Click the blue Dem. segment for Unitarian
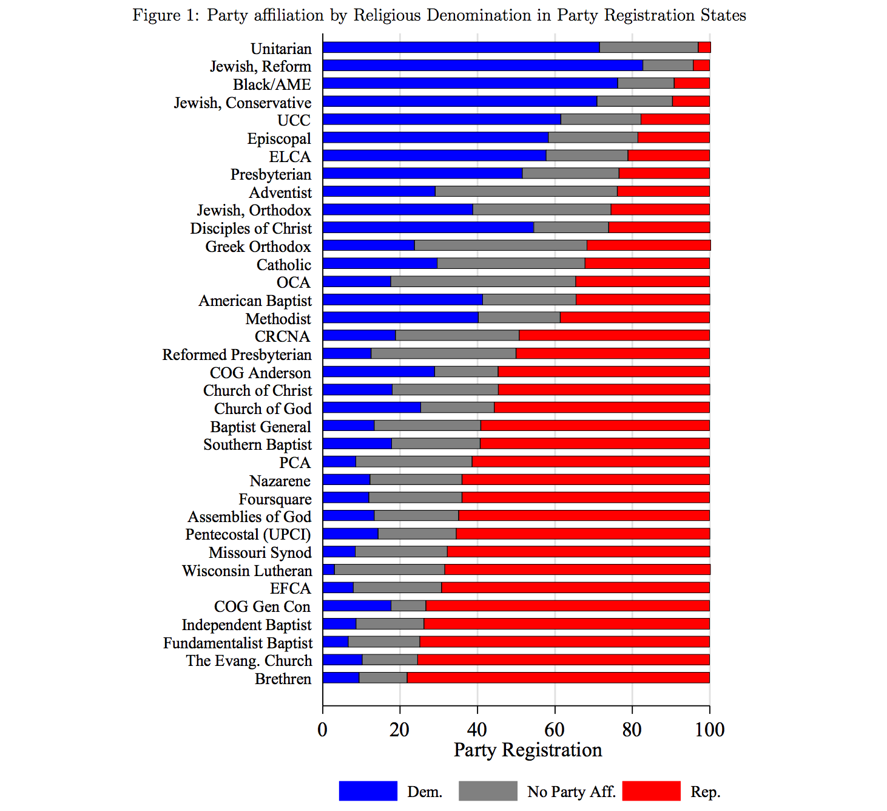click(x=461, y=47)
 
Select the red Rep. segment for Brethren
click(x=558, y=677)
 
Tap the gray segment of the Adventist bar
click(x=526, y=192)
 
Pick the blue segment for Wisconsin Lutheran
click(x=329, y=569)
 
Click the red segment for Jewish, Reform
click(x=701, y=66)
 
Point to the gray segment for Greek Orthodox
click(x=501, y=245)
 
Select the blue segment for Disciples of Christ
click(x=428, y=228)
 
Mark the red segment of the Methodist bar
click(x=635, y=317)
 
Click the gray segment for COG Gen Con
click(x=408, y=606)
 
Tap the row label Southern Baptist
click(x=257, y=445)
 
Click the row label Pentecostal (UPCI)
click(x=248, y=535)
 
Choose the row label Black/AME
click(x=272, y=84)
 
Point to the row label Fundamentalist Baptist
click(x=238, y=643)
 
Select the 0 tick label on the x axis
click(x=323, y=730)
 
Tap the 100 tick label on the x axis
click(x=709, y=730)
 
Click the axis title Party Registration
click(x=528, y=750)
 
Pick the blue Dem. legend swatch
click(x=368, y=791)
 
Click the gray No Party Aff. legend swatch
click(x=488, y=791)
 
